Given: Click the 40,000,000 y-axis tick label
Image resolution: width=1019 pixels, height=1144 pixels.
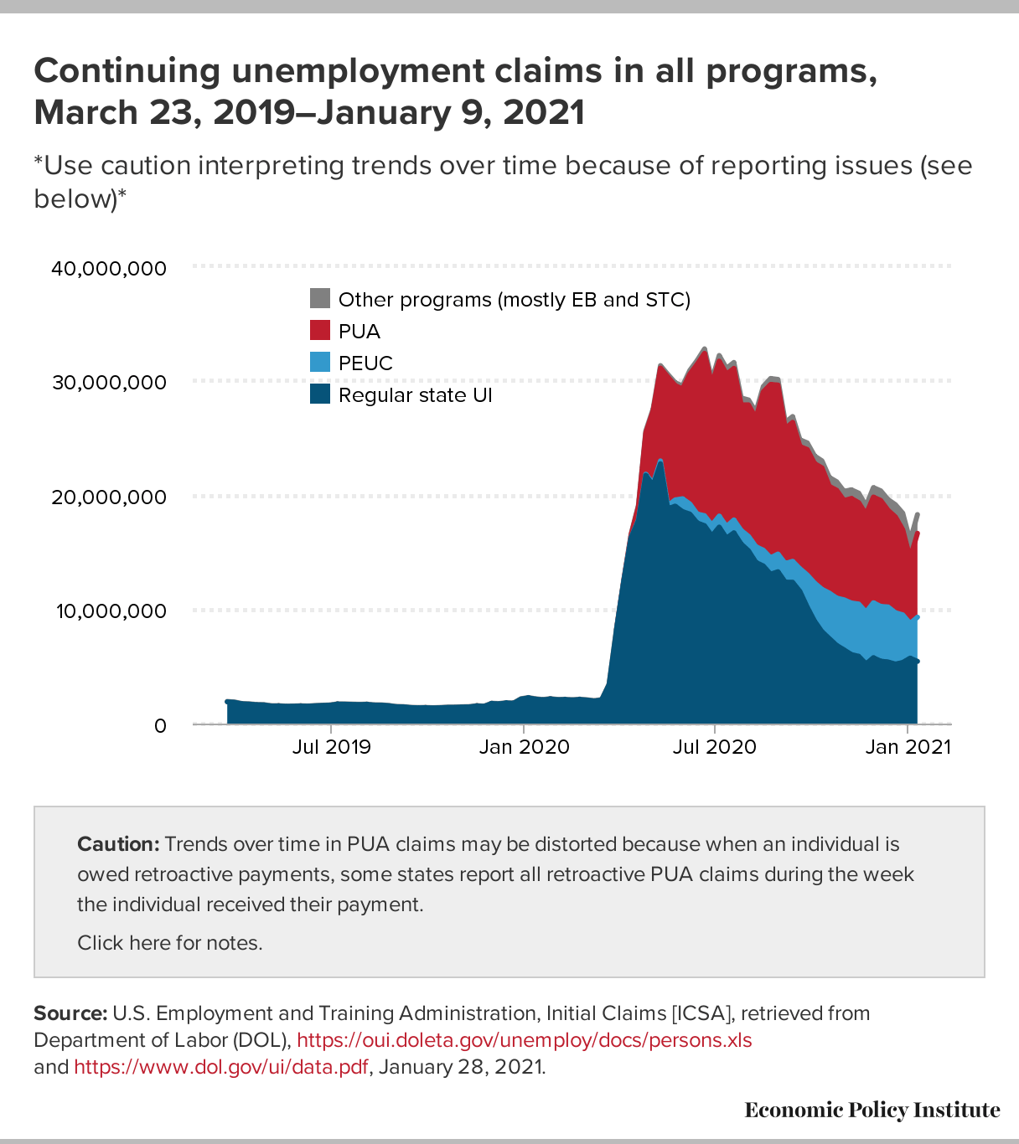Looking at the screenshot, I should pyautogui.click(x=109, y=269).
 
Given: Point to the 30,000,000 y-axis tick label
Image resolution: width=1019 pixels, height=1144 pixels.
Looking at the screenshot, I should pyautogui.click(x=109, y=383).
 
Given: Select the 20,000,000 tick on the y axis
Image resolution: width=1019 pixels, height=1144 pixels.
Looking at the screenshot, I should pyautogui.click(x=109, y=497).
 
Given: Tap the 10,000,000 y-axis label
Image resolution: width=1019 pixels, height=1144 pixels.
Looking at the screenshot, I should pyautogui.click(x=111, y=611).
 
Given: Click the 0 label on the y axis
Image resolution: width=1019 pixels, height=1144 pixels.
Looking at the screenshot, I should pyautogui.click(x=160, y=725).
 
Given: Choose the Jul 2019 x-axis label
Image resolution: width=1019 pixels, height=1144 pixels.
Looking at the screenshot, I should pyautogui.click(x=331, y=746).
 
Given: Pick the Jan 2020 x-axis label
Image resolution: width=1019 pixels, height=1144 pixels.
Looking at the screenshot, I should pyautogui.click(x=524, y=746).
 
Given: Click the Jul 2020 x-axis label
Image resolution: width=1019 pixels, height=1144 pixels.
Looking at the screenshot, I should pyautogui.click(x=714, y=746).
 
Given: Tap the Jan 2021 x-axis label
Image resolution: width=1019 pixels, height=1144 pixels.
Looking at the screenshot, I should pyautogui.click(x=908, y=746).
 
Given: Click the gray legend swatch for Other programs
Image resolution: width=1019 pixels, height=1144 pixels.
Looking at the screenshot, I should pyautogui.click(x=320, y=299).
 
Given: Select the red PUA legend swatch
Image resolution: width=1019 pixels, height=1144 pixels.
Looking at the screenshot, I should pyautogui.click(x=320, y=331).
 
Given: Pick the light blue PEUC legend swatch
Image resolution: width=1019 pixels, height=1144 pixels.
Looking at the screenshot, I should pyautogui.click(x=320, y=363).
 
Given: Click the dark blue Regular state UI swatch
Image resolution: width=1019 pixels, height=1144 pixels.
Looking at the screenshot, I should pyautogui.click(x=320, y=394).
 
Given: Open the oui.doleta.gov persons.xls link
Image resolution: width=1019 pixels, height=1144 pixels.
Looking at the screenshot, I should pyautogui.click(x=525, y=1040).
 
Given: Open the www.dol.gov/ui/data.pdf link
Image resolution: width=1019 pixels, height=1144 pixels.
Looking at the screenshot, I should pyautogui.click(x=221, y=1067).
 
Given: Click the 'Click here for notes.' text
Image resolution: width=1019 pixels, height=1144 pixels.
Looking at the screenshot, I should pyautogui.click(x=170, y=943).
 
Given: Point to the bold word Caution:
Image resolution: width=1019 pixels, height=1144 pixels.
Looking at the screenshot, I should pyautogui.click(x=118, y=844).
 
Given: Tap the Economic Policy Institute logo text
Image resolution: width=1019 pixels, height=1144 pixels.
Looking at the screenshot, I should pyautogui.click(x=872, y=1111).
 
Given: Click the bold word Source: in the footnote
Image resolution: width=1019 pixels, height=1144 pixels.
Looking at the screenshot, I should pyautogui.click(x=70, y=1013).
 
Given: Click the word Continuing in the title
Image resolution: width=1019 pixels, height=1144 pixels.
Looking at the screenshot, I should pyautogui.click(x=127, y=71).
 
